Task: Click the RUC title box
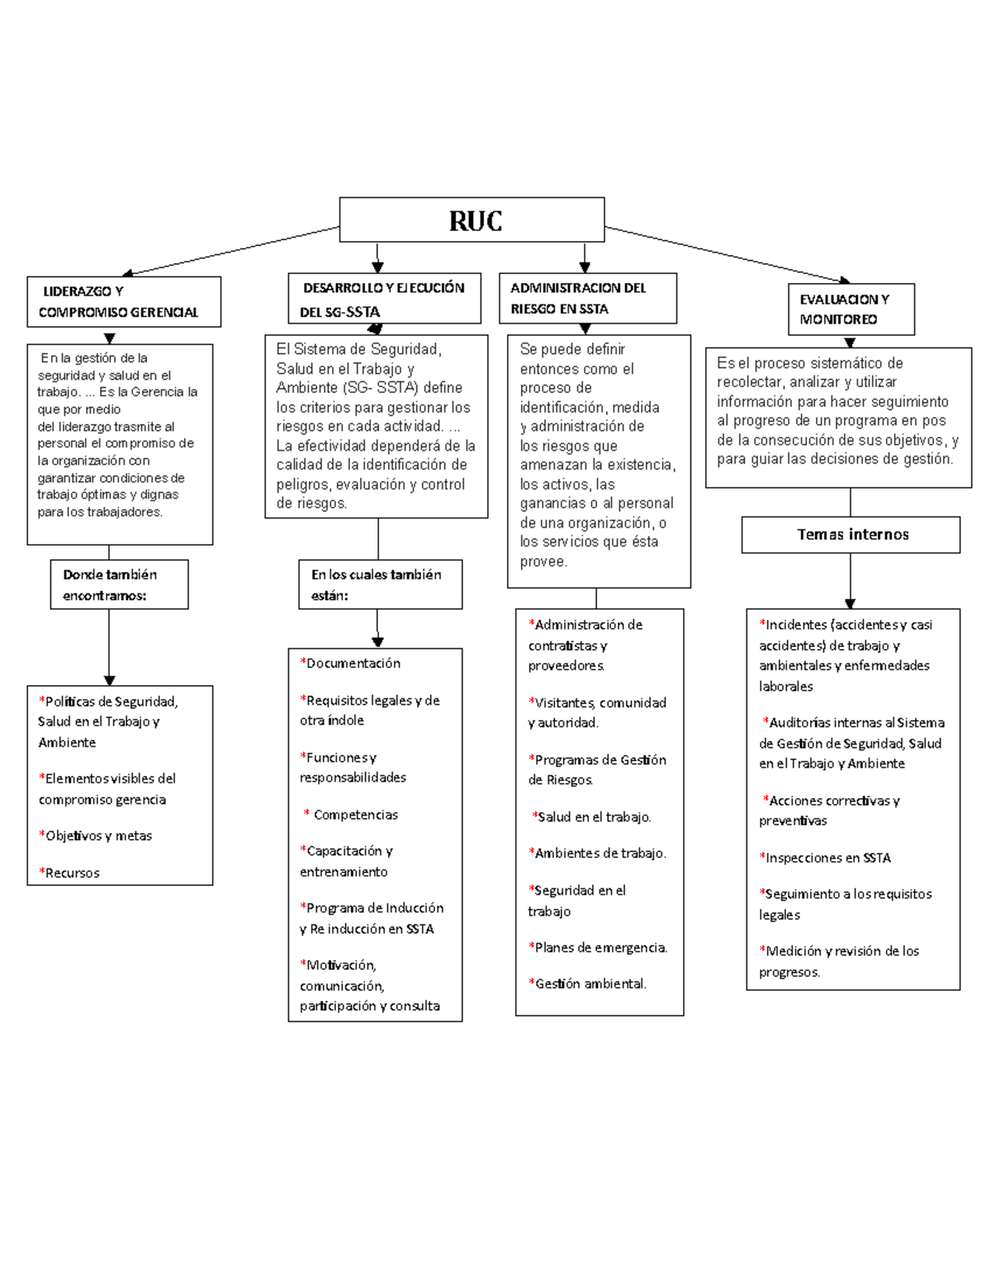472,220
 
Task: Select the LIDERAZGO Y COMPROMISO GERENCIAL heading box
124,302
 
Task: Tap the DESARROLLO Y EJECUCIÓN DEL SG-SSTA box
384,299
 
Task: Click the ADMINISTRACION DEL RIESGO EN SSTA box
587,298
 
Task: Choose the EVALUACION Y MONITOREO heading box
851,310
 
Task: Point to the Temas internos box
851,535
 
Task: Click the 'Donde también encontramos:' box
119,584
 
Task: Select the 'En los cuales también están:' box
380,584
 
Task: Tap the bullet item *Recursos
70,873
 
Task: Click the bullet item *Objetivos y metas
97,835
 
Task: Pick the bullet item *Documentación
351,663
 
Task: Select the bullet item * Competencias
353,815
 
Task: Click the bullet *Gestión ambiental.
588,983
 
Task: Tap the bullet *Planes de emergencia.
599,947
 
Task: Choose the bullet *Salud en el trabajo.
592,816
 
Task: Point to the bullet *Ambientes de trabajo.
598,853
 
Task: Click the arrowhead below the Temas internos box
850,603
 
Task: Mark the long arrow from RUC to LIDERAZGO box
231,250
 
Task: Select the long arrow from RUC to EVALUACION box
727,254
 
